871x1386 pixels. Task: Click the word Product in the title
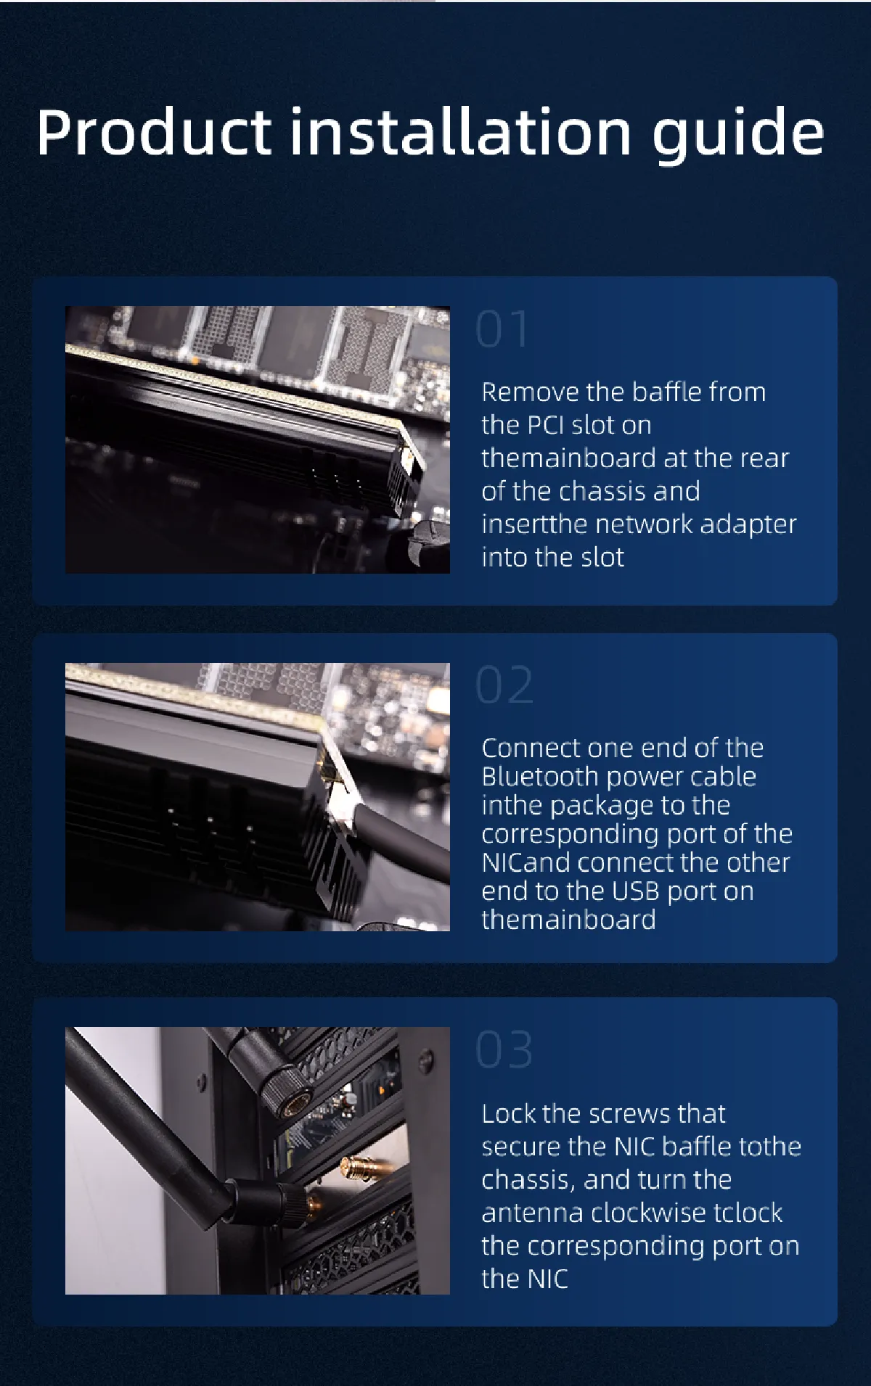154,132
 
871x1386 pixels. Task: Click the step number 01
502,329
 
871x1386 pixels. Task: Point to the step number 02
504,685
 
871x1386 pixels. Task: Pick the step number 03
504,1049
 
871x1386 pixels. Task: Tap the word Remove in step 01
530,392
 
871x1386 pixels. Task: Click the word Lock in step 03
509,1113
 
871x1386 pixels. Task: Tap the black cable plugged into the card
406,835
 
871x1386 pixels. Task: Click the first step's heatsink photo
258,440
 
